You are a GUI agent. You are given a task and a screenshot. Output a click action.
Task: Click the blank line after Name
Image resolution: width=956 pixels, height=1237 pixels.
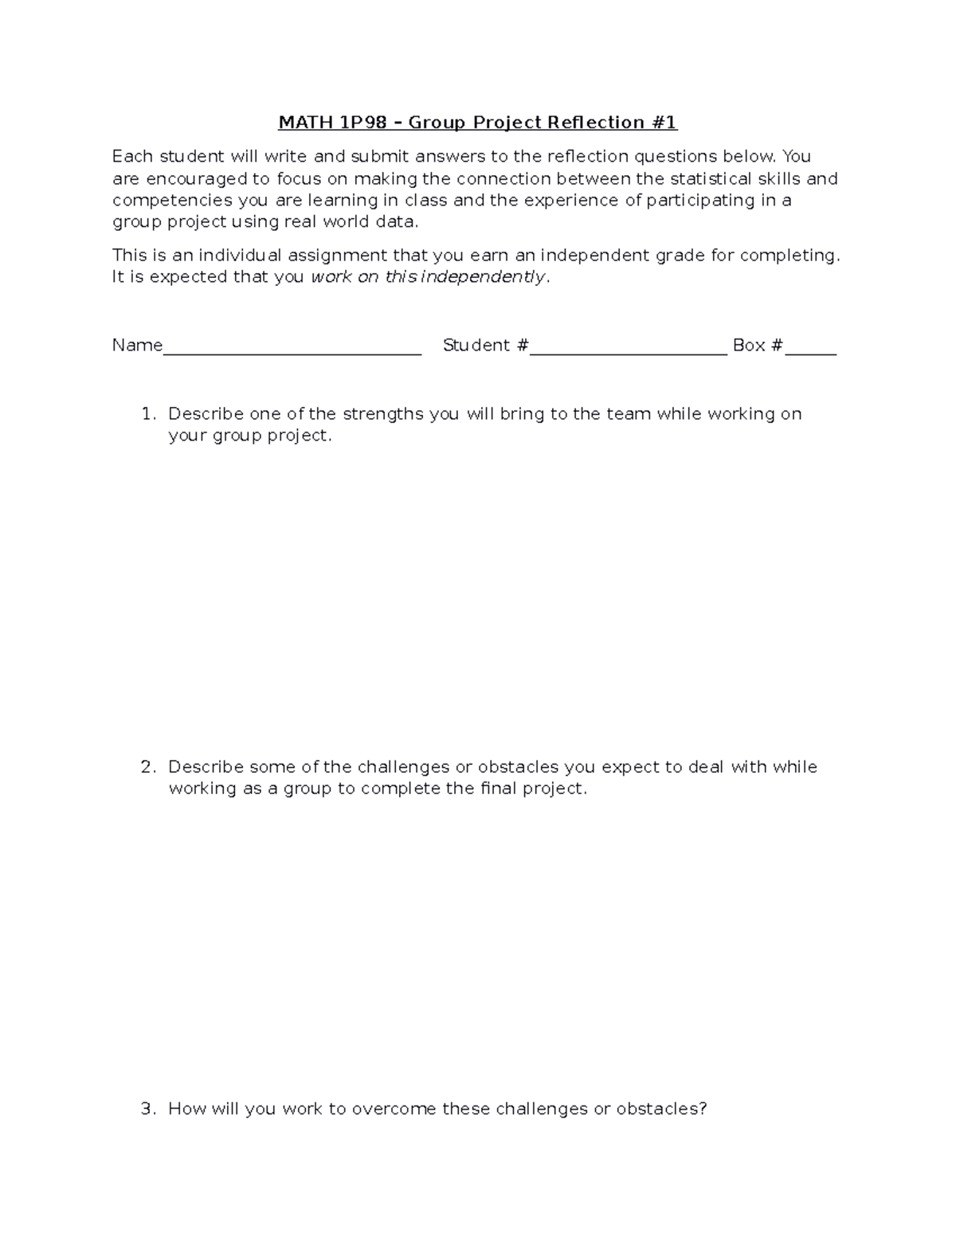[292, 350]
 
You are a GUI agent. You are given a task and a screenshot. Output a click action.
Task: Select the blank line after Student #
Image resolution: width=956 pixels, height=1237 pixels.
[629, 350]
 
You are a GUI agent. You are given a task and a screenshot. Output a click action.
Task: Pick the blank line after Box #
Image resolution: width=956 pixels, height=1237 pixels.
[810, 350]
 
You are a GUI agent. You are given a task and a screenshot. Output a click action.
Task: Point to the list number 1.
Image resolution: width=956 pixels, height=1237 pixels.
[147, 414]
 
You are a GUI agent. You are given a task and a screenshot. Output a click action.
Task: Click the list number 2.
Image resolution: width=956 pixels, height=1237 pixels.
[147, 767]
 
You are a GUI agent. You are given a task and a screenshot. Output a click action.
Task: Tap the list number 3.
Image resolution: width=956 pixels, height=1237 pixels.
[147, 1110]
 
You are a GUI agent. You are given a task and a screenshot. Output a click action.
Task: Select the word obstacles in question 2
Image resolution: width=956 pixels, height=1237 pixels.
[518, 767]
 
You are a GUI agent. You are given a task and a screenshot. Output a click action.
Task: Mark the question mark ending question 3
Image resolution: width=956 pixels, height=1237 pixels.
[703, 1110]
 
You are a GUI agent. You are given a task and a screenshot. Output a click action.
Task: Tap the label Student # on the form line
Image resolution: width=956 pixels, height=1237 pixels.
[485, 346]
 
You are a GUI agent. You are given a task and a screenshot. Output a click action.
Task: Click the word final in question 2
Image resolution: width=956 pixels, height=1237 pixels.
[499, 789]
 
